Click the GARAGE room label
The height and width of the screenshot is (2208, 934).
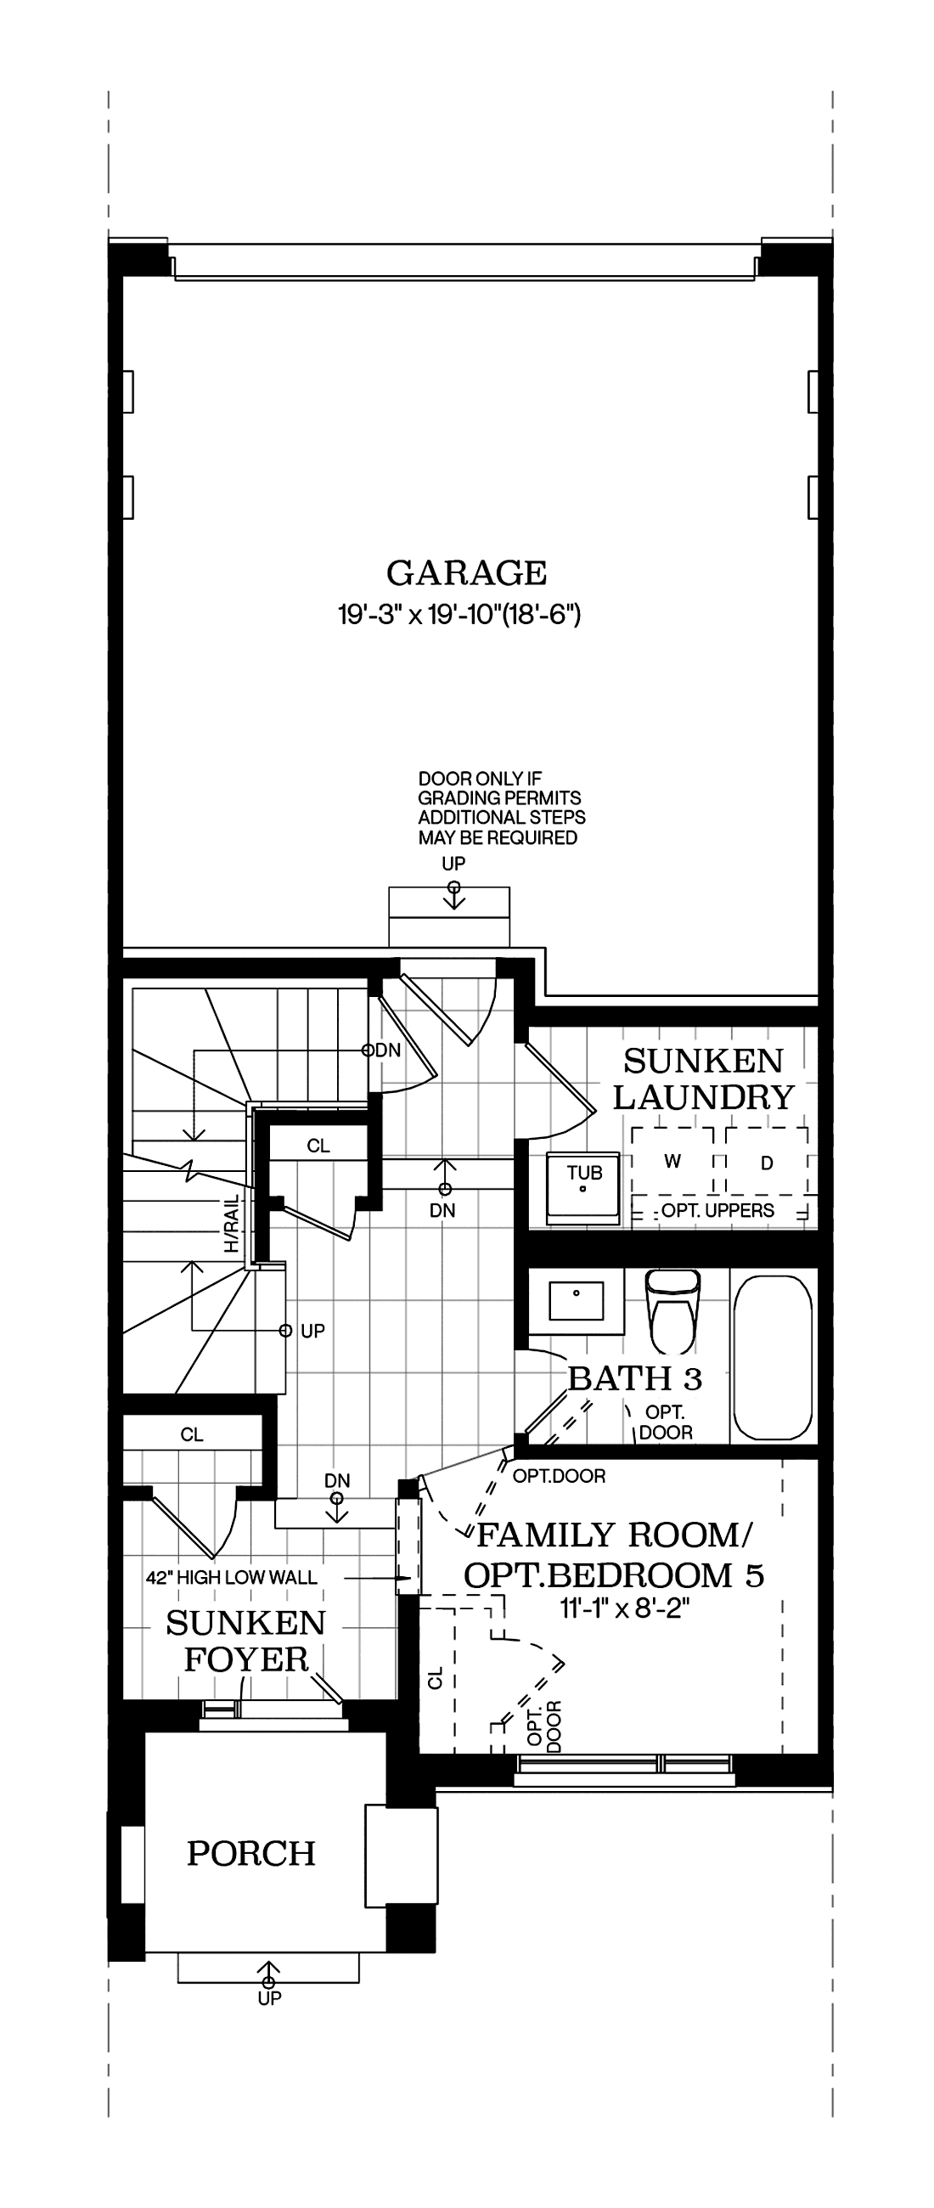(466, 572)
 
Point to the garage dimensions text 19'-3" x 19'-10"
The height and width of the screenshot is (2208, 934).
(459, 615)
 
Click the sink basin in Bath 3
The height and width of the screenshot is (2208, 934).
(576, 1300)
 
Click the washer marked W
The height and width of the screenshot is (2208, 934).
(672, 1162)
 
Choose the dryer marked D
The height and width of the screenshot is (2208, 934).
(767, 1163)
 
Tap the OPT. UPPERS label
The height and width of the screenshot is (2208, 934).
(717, 1210)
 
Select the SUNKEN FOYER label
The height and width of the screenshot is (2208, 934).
(246, 1641)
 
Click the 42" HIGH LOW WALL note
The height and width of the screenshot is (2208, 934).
(231, 1577)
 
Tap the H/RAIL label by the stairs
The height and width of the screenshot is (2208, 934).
(232, 1224)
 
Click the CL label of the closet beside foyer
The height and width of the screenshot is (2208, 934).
(192, 1435)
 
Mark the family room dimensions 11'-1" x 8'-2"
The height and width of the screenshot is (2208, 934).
(626, 1608)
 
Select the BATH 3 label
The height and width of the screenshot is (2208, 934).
(635, 1378)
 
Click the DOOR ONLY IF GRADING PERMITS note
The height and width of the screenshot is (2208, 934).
(501, 808)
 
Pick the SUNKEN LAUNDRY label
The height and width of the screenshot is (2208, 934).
(704, 1079)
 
